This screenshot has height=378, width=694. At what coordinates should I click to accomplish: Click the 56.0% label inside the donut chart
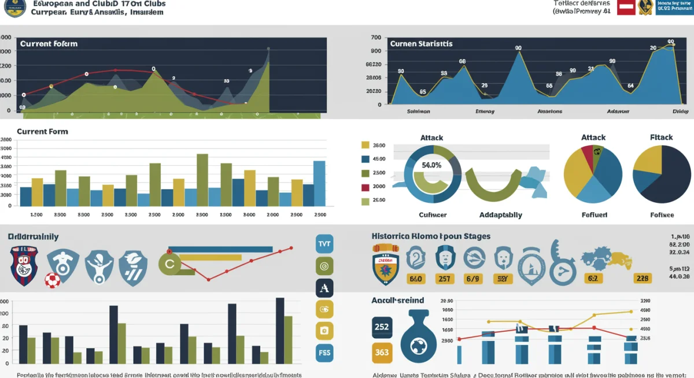pos(431,165)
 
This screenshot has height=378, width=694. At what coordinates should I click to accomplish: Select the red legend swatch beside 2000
pos(365,187)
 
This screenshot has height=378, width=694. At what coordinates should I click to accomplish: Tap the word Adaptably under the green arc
pos(500,215)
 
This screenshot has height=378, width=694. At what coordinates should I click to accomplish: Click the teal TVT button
pos(324,244)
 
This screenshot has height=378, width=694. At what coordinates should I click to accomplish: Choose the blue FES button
pos(324,352)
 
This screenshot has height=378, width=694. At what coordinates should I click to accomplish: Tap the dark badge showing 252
pos(382,327)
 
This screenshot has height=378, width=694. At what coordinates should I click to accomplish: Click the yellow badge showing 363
pos(382,352)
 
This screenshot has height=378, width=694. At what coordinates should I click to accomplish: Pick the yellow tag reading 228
pos(643,279)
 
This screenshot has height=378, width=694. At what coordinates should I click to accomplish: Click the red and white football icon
pos(53,280)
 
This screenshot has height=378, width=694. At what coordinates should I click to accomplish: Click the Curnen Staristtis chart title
pos(421,44)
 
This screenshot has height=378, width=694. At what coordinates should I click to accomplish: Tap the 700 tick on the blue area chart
pos(375,38)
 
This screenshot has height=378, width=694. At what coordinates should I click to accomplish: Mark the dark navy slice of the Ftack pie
pos(665,179)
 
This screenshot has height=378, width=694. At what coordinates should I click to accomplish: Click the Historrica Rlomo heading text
pos(430,236)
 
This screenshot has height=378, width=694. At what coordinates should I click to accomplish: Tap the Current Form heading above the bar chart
pos(42,132)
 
